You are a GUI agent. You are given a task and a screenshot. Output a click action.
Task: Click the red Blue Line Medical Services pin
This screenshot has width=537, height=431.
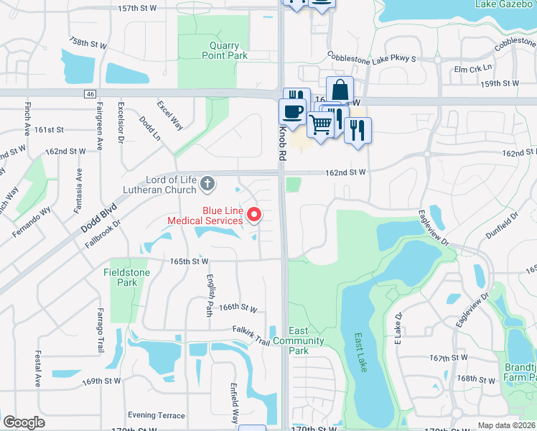click(x=253, y=214)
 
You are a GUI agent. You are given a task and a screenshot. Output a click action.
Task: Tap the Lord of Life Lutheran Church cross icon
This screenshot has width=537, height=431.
click(x=207, y=184)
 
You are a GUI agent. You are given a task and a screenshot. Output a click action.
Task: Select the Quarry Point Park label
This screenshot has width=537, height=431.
click(x=220, y=50)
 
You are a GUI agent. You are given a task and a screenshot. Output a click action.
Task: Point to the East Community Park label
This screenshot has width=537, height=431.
click(x=299, y=340)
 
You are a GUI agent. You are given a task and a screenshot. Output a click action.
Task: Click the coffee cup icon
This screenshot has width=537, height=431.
click(x=292, y=111)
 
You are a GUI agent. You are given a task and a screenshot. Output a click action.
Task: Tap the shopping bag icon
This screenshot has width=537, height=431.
click(x=340, y=90)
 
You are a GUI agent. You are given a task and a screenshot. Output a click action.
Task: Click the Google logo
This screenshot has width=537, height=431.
click(x=24, y=422)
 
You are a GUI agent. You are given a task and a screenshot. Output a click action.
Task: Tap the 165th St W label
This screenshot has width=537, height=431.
click(x=190, y=261)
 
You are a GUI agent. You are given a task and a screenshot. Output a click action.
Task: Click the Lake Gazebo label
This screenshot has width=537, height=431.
click(x=500, y=4)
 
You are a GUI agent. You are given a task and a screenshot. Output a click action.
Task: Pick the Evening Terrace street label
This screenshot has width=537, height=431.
click(x=156, y=415)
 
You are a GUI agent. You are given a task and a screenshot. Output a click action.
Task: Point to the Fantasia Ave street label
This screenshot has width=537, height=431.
click(x=79, y=190)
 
